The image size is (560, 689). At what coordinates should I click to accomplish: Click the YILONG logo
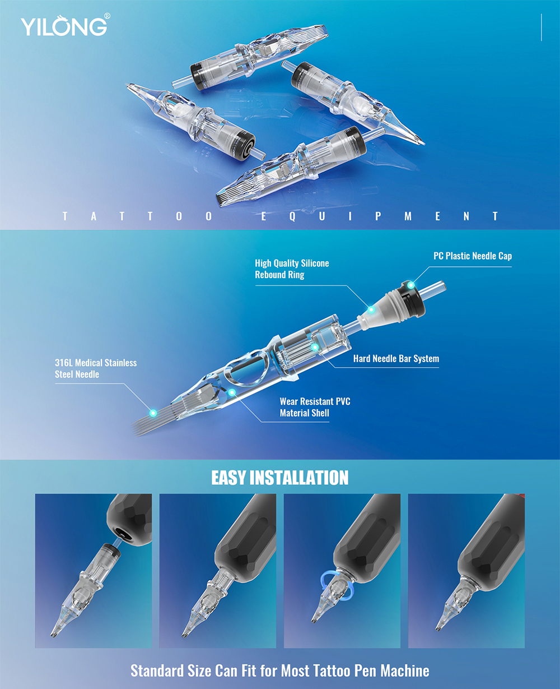click(64, 26)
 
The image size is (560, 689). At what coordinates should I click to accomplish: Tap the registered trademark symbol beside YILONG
click(108, 16)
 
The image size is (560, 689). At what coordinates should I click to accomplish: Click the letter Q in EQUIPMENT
click(292, 216)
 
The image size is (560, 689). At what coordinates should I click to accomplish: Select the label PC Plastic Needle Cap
click(473, 256)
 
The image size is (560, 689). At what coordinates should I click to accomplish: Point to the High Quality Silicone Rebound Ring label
click(292, 269)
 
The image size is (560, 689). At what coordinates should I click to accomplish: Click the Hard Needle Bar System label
click(396, 358)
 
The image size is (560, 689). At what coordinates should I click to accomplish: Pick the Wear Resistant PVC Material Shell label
click(315, 407)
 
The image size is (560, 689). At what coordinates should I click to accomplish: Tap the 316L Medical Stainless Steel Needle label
click(96, 368)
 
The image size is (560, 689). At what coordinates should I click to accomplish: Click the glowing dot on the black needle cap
click(410, 285)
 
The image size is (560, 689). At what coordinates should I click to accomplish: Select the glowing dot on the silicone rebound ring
click(371, 310)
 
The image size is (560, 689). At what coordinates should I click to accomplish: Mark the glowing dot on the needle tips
click(153, 413)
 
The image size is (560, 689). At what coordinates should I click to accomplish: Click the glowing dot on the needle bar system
click(315, 348)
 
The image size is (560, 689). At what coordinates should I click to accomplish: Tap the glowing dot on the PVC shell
click(232, 392)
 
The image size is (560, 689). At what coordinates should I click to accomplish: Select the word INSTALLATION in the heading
click(299, 478)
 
